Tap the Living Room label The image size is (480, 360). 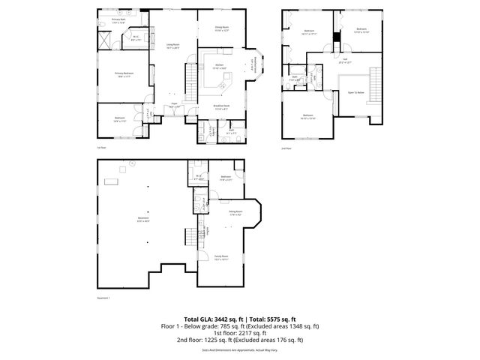(172, 46)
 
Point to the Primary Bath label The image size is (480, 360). (118, 20)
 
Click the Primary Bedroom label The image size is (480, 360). (123, 74)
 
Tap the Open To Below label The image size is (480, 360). (355, 93)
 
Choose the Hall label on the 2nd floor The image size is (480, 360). (346, 61)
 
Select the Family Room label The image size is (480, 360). (220, 257)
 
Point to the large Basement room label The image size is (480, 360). (143, 220)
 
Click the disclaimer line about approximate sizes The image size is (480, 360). (240, 349)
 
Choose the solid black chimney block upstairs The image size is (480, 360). (337, 35)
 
